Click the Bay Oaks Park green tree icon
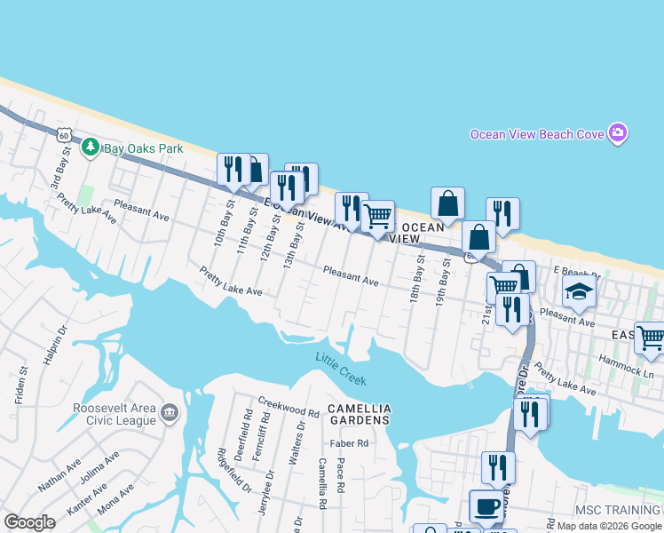pos(90,147)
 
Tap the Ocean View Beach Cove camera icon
pos(619,134)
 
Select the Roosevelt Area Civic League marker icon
pos(170,413)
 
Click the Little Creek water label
pos(341,369)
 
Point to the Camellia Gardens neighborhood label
pos(359,414)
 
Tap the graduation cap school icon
pos(579,292)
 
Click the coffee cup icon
pos(485,505)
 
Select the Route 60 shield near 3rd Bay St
pos(62,135)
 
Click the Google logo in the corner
pos(30,522)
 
